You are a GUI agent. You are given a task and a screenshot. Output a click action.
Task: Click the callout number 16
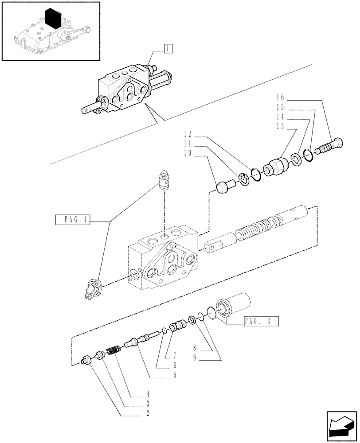280,97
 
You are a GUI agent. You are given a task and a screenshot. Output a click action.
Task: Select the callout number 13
280,127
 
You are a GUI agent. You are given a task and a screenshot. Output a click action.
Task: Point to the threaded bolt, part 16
332,147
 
